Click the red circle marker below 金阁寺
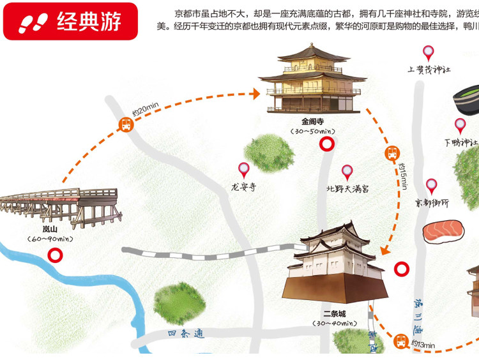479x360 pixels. click(x=327, y=145)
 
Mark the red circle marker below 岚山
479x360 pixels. click(x=56, y=255)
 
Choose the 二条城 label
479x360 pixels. click(x=334, y=313)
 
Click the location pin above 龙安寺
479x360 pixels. click(x=243, y=170)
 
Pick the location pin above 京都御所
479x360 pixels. click(x=432, y=186)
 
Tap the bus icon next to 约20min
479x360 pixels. click(x=126, y=125)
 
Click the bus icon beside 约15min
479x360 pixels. click(x=392, y=154)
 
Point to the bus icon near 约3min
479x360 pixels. click(x=401, y=341)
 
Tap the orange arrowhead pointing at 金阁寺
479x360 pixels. click(x=255, y=94)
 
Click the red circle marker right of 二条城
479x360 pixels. click(x=402, y=269)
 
